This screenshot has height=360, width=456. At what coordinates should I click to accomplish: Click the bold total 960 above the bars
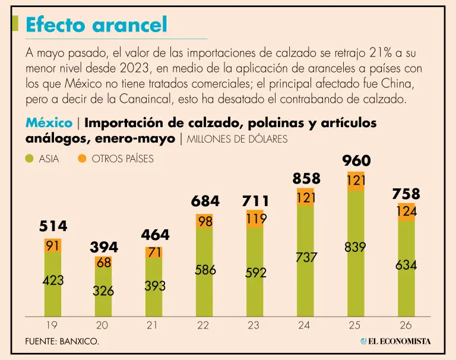coord(356,160)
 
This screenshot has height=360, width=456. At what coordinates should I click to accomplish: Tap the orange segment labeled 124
coord(406,212)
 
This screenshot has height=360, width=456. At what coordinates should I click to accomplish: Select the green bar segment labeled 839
coord(356,254)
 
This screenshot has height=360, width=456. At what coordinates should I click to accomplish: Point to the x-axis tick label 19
coord(52,325)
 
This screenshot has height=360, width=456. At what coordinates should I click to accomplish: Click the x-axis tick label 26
coord(406,325)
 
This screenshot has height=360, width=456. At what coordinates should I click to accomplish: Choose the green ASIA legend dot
coord(29,159)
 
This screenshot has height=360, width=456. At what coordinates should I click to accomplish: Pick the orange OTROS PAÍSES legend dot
coord(83,159)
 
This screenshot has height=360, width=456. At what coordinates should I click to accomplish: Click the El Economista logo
coord(395,341)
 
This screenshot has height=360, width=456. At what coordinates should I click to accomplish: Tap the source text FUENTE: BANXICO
coord(62,341)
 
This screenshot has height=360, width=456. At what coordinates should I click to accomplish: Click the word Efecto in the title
coord(57,25)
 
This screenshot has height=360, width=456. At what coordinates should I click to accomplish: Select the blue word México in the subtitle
coord(49,123)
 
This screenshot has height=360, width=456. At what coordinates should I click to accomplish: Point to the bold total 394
coord(104,247)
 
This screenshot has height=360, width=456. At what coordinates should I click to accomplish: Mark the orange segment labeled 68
coord(103,263)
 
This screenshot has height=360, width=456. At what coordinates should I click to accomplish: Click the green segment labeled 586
coord(204,272)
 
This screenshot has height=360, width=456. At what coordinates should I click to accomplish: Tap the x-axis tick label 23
coord(254,325)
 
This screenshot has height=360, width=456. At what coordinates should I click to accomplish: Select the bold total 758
coord(406,194)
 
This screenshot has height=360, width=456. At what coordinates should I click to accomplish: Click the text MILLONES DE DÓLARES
coord(237,139)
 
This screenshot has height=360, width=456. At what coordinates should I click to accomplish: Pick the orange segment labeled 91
coord(53,245)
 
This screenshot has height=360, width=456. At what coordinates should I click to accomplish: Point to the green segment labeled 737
coord(305,261)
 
